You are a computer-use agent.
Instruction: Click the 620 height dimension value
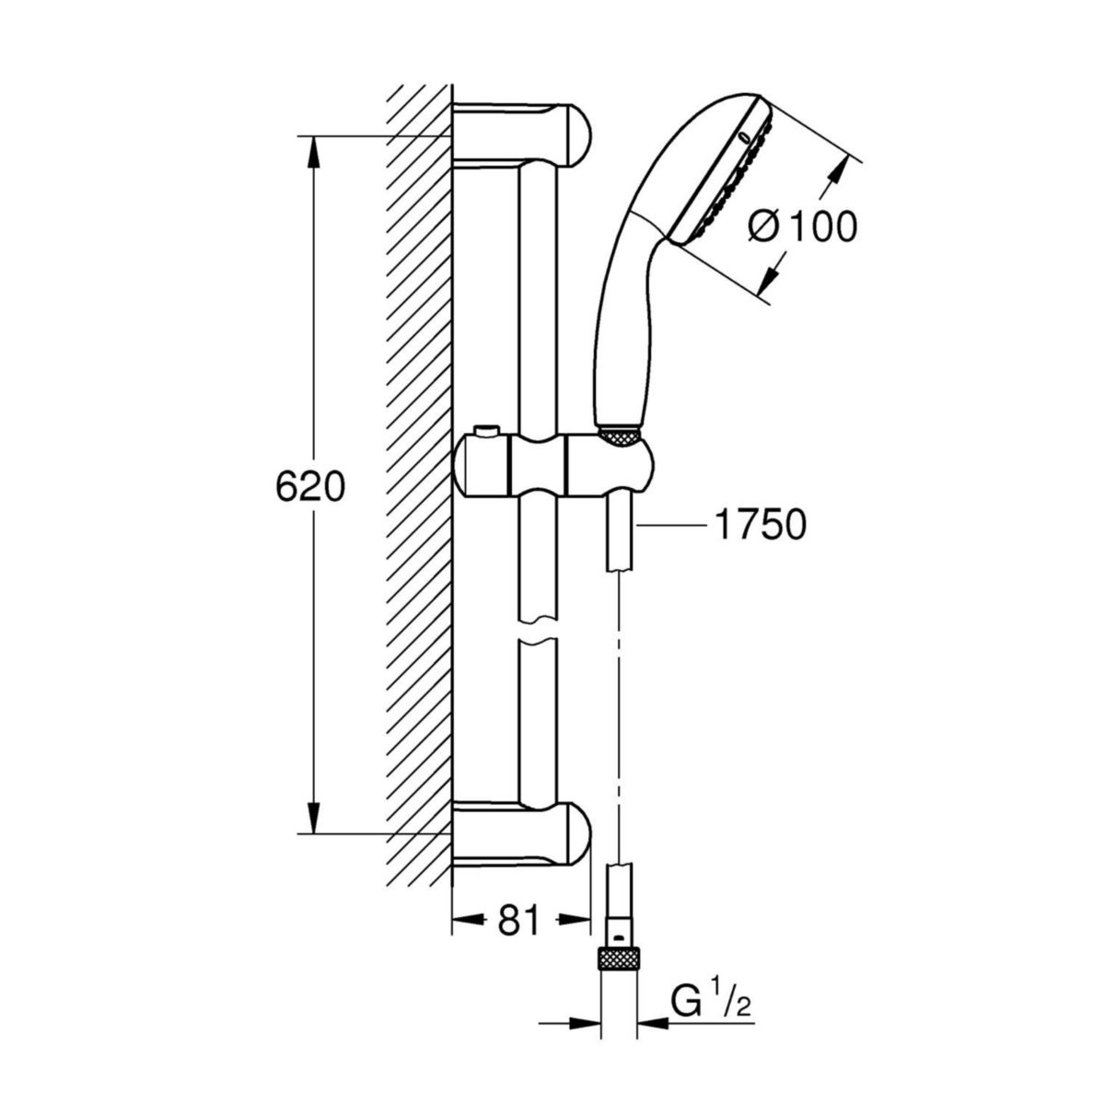click(x=310, y=487)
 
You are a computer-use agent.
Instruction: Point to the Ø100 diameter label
click(x=802, y=227)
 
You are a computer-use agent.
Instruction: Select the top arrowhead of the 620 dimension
click(x=314, y=152)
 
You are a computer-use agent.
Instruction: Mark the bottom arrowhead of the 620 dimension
click(x=314, y=820)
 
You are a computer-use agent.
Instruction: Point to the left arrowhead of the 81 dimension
click(x=465, y=918)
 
